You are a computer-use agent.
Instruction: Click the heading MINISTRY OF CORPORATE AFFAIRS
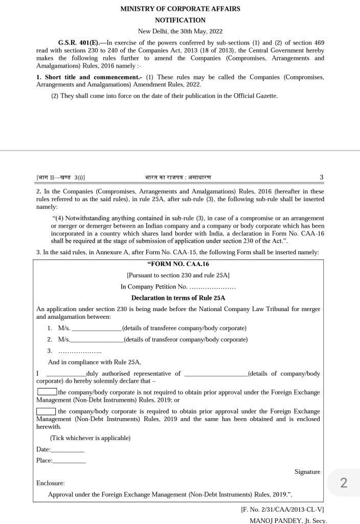pyautogui.click(x=180, y=9)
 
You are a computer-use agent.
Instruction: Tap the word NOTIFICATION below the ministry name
pyautogui.click(x=180, y=20)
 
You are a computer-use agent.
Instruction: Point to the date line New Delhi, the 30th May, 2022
pyautogui.click(x=180, y=31)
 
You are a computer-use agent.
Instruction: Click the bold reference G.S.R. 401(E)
pyautogui.click(x=78, y=43)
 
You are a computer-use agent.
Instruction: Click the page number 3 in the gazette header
pyautogui.click(x=321, y=178)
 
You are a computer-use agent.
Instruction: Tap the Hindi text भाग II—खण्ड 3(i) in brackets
pyautogui.click(x=61, y=178)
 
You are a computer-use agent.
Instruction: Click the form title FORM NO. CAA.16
pyautogui.click(x=178, y=264)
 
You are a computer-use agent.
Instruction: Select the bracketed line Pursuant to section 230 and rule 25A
pyautogui.click(x=178, y=275)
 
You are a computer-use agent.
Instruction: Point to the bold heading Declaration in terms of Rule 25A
pyautogui.click(x=178, y=298)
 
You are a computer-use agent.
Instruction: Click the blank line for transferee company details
pyautogui.click(x=97, y=329)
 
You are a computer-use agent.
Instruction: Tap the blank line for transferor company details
pyautogui.click(x=97, y=340)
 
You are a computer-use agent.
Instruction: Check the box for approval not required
pyautogui.click(x=47, y=392)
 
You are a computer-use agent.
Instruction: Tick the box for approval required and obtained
pyautogui.click(x=46, y=411)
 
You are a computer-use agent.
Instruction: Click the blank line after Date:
pyautogui.click(x=67, y=450)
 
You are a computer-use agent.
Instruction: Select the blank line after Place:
pyautogui.click(x=70, y=461)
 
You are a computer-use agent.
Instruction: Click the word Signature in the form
pyautogui.click(x=307, y=472)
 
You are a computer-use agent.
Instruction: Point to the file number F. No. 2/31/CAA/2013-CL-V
pyautogui.click(x=282, y=510)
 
